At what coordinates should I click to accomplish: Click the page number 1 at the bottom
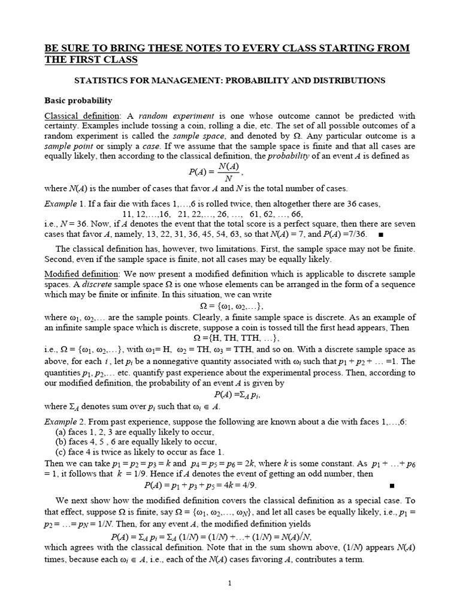click(x=229, y=583)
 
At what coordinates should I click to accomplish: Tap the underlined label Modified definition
click(x=82, y=273)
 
